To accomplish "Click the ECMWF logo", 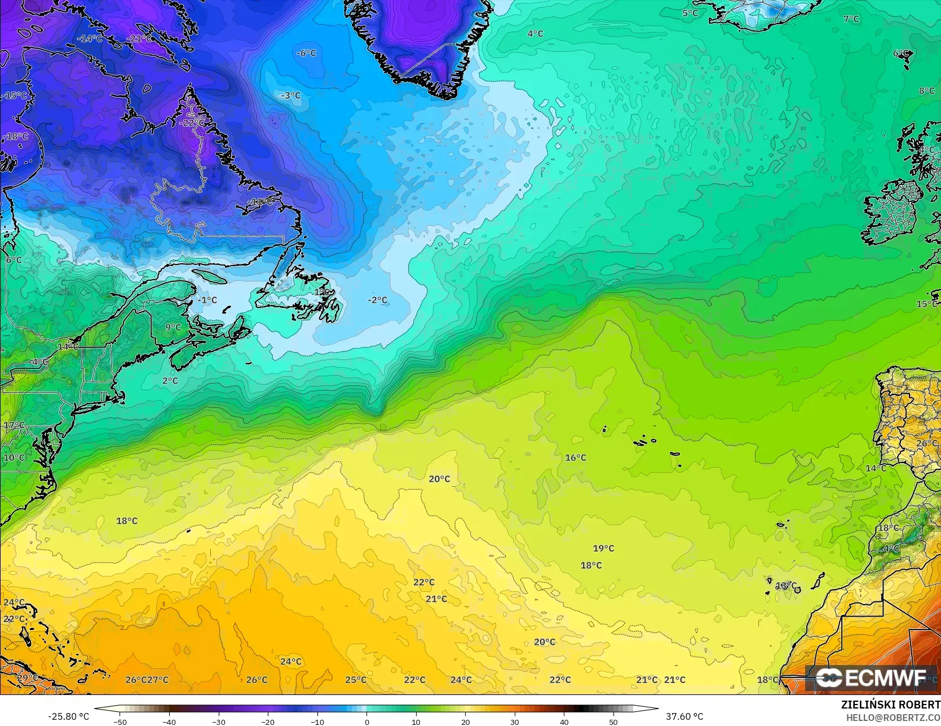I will click(871, 678).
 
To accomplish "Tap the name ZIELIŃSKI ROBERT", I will click(890, 705).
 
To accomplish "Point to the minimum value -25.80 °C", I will click(68, 716).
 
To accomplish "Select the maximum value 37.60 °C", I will click(684, 716).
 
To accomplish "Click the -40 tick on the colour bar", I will click(169, 721).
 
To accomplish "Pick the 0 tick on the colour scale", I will click(367, 721).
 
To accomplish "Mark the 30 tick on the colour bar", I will click(515, 721).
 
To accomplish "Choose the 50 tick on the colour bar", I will click(613, 721).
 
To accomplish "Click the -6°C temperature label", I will click(307, 53).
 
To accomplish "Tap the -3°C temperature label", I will click(291, 96).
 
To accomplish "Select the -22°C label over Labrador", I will click(192, 123).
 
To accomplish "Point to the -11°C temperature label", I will click(261, 202).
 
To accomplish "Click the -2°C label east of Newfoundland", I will click(378, 300).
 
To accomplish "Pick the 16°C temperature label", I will click(576, 457).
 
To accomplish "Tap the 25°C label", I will click(356, 680).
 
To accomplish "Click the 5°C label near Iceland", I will click(690, 13).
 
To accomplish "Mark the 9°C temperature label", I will click(173, 327).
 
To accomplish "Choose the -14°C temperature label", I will click(90, 39).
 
